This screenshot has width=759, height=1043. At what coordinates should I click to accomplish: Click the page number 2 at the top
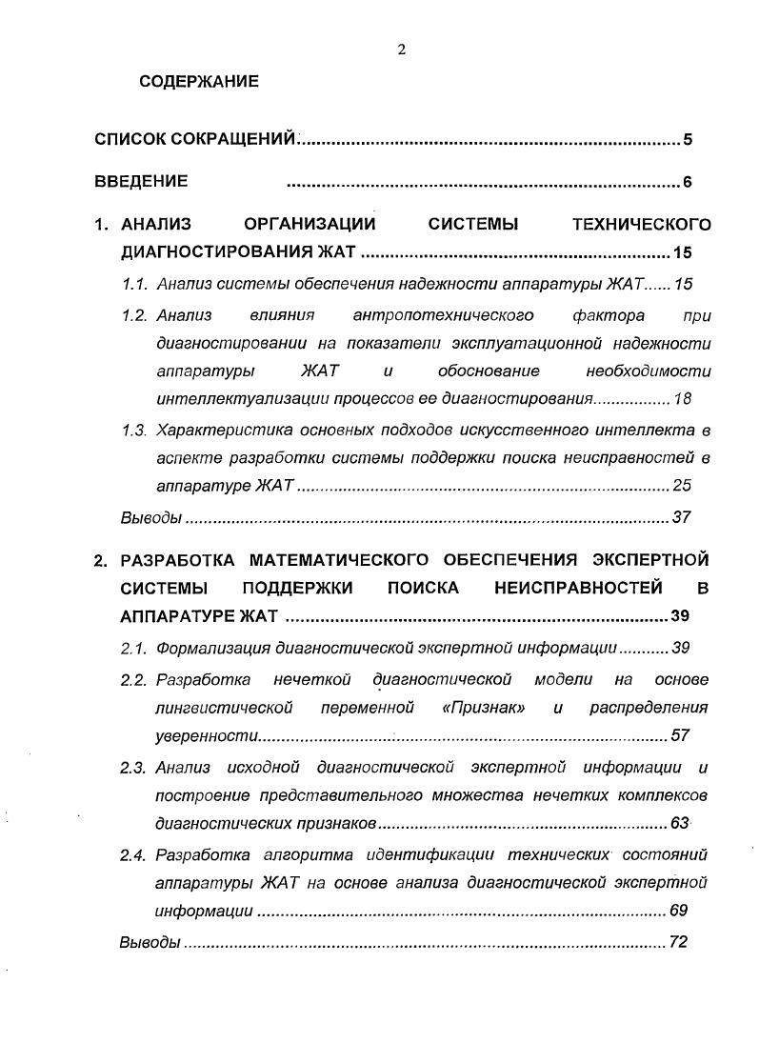click(401, 50)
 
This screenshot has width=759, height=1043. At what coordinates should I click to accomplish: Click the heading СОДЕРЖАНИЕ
click(198, 82)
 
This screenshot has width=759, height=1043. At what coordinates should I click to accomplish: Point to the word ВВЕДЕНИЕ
click(141, 181)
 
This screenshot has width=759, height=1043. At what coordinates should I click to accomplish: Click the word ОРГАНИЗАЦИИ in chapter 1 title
click(310, 225)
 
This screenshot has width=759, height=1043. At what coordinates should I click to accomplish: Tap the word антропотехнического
click(443, 314)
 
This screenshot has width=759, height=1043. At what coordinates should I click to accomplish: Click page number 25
click(682, 485)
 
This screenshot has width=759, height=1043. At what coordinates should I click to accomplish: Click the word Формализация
click(212, 648)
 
